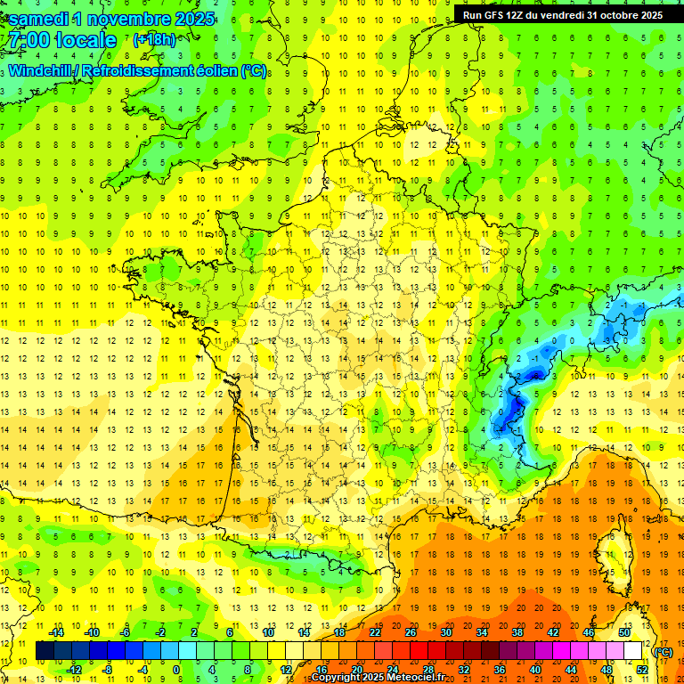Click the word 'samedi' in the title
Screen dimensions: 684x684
pos(43,18)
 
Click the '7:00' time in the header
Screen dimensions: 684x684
pos(27,40)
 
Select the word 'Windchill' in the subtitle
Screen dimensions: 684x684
pos(42,71)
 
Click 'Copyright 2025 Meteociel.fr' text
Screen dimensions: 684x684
pos(386,677)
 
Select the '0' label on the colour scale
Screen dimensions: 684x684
pos(176,670)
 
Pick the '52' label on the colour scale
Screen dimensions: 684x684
pos(642,670)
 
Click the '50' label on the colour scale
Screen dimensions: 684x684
pos(624,631)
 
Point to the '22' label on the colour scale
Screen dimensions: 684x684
pos(375,631)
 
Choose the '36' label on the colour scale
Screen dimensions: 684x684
pos(500,670)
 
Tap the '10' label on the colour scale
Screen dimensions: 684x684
pos(268,631)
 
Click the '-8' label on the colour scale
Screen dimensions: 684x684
pos(108,670)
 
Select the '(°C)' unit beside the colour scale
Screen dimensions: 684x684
pos(663,651)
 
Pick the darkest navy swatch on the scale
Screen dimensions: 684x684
pos(45,650)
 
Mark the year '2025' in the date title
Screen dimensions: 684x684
pos(189,18)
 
